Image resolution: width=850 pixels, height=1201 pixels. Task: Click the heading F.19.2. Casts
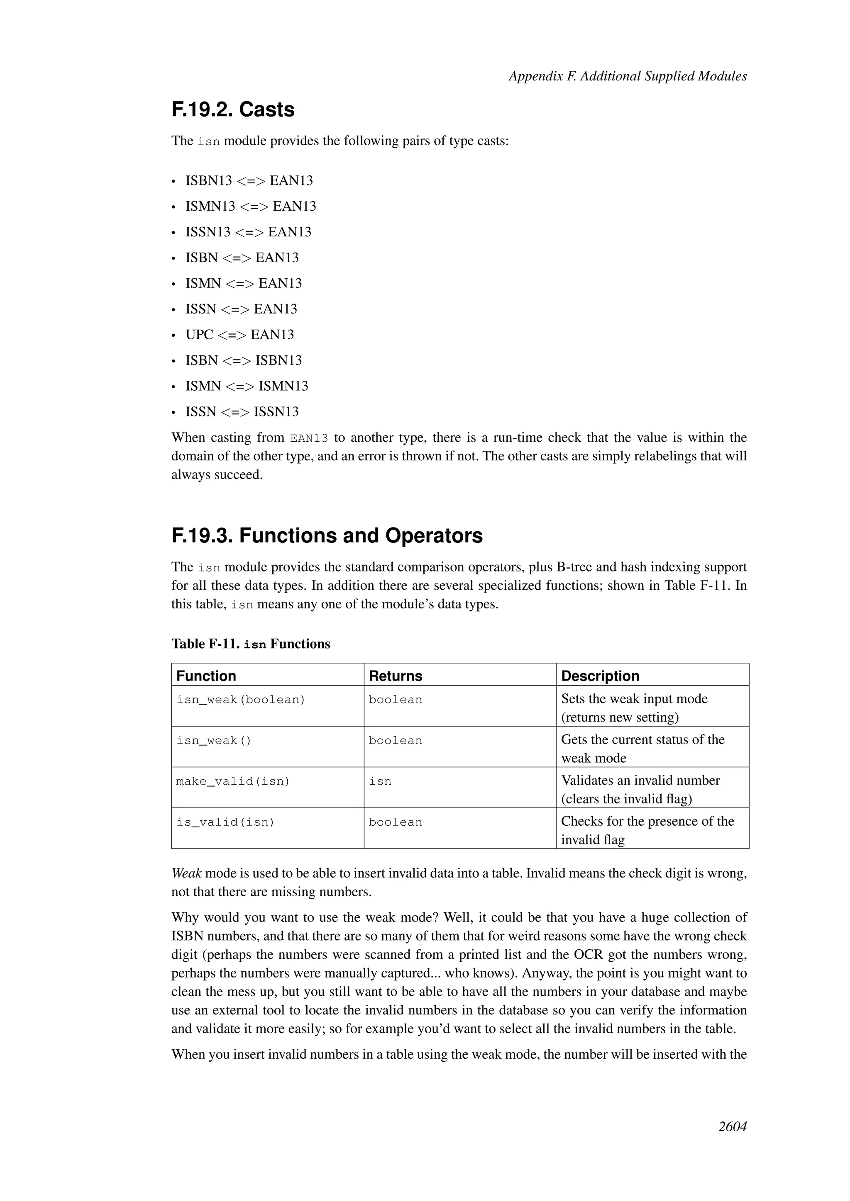coord(233,110)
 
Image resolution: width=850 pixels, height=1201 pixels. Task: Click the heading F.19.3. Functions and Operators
coord(327,536)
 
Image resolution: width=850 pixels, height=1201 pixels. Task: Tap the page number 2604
coord(732,1141)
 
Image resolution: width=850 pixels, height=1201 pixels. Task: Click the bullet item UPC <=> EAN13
coord(240,335)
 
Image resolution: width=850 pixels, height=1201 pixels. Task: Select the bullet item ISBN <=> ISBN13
coord(243,360)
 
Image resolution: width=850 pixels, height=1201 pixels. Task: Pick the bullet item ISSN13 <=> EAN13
coord(248,232)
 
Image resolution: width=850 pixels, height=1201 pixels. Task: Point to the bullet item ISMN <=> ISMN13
coord(247,386)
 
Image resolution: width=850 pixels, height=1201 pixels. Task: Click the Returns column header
coord(395,676)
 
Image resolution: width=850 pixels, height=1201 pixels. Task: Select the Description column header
coord(600,676)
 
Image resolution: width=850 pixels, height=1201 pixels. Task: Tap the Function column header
coord(206,676)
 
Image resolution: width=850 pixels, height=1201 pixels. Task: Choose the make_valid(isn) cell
coord(233,781)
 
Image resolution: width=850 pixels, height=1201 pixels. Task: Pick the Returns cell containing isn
coord(380,781)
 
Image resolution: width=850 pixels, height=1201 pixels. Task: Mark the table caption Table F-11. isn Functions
coord(251,644)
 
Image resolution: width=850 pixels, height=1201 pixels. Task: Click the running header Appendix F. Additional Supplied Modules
coord(627,76)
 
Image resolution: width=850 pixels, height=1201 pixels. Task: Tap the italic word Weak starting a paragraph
coord(186,873)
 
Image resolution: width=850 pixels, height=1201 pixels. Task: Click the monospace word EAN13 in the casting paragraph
coord(309,438)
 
